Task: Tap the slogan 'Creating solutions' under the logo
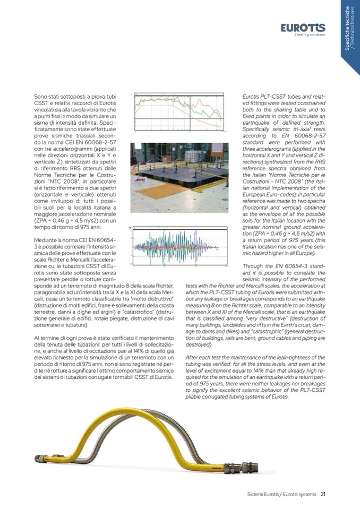click(x=310, y=34)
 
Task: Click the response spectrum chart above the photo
click(x=180, y=113)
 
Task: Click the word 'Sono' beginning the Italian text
click(x=41, y=96)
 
